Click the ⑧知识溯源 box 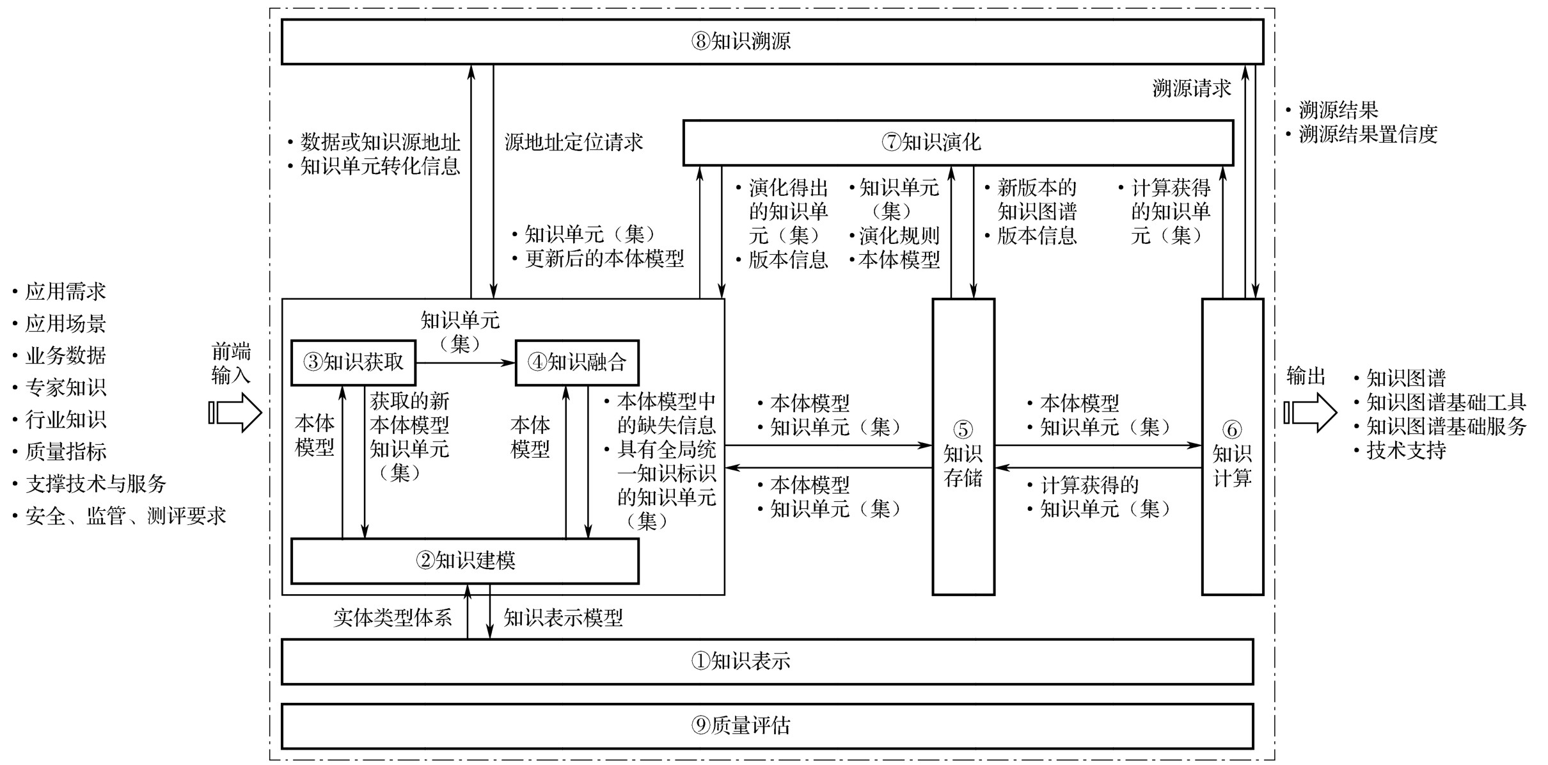click(772, 42)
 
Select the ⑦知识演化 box click(958, 142)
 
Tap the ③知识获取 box click(353, 362)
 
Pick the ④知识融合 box click(577, 362)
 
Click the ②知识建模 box click(464, 561)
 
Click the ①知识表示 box click(767, 661)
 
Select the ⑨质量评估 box click(767, 725)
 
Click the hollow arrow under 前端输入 click(235, 412)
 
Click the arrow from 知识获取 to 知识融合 click(465, 363)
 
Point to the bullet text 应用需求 click(65, 292)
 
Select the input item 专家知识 click(65, 388)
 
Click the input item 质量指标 click(65, 452)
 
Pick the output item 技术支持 click(1406, 451)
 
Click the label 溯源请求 click(1191, 88)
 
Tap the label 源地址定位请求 click(574, 142)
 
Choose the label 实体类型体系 click(392, 618)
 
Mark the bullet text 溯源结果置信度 click(1368, 134)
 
